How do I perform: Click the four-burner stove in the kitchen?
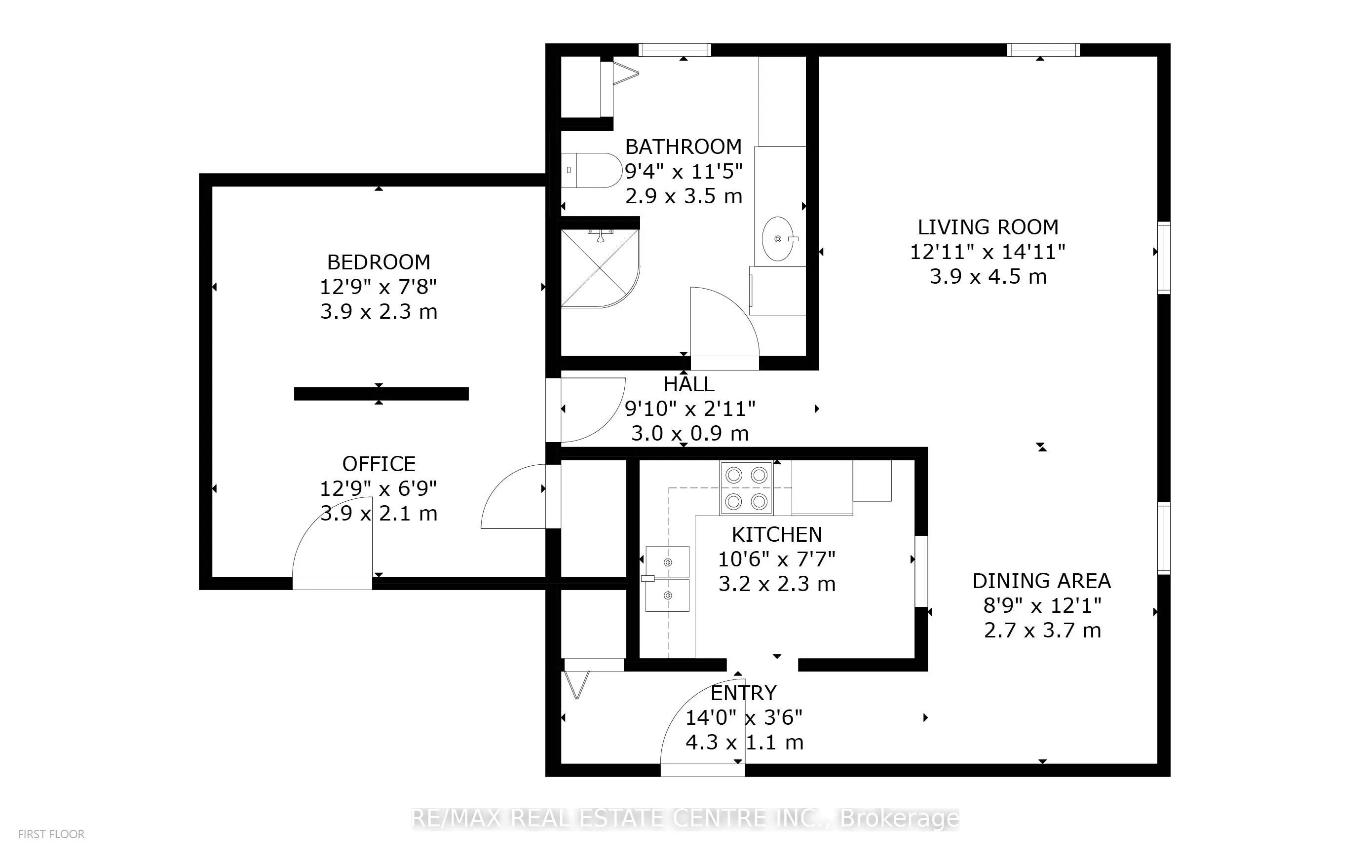coord(747,488)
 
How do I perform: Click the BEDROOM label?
coord(379,262)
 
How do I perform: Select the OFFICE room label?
coord(379,464)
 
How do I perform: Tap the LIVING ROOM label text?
coord(988,227)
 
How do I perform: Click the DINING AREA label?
coord(1042,581)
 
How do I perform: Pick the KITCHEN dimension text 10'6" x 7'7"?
coord(777,559)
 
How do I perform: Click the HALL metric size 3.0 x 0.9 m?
coord(689,434)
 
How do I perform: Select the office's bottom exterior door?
coord(332,538)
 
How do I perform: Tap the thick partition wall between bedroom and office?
coord(381,394)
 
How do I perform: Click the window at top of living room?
coord(1043,50)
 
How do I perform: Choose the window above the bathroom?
coord(675,50)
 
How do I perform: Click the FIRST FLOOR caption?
coord(51,834)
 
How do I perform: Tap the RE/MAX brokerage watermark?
coord(685,818)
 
